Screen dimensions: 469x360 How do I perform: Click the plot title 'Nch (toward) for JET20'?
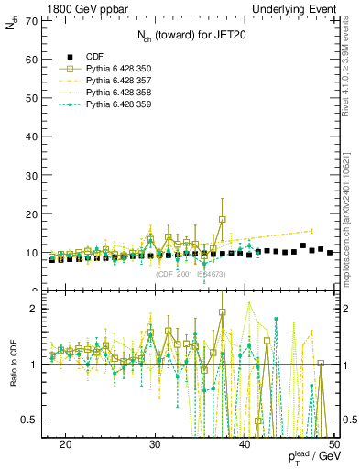pyautogui.click(x=191, y=36)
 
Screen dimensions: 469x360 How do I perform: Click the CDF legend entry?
pyautogui.click(x=94, y=56)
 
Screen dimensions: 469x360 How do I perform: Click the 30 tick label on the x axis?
pyautogui.click(x=155, y=444)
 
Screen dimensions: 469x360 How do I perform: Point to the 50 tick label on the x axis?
pyautogui.click(x=333, y=444)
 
